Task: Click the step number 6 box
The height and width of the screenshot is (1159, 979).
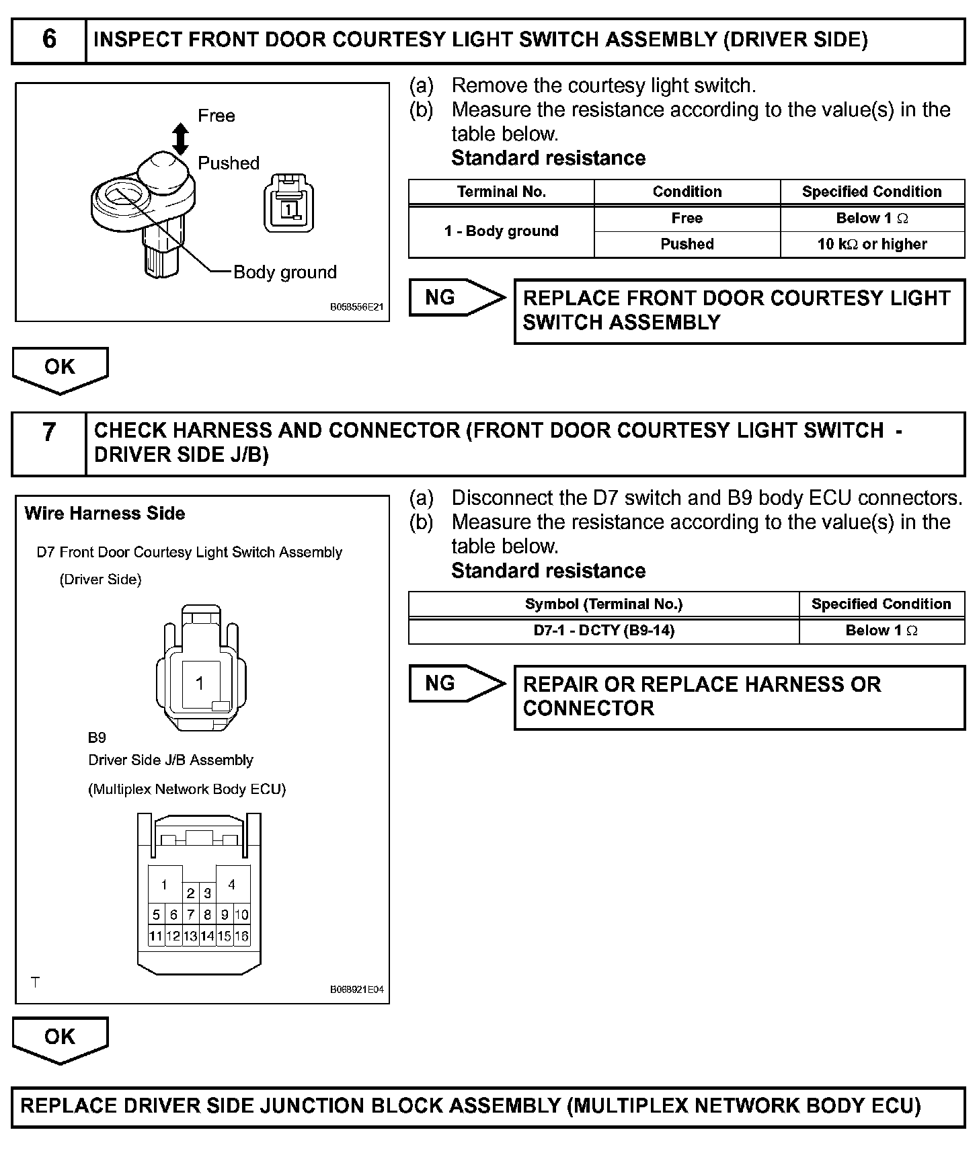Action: click(x=49, y=40)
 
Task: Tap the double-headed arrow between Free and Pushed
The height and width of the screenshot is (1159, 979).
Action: click(x=180, y=138)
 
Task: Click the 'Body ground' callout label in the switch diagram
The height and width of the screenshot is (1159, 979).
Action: click(x=284, y=272)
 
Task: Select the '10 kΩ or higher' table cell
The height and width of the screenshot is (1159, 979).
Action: click(x=872, y=244)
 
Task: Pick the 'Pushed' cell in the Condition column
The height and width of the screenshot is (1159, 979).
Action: click(x=687, y=244)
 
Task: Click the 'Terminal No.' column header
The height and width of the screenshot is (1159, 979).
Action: click(x=501, y=192)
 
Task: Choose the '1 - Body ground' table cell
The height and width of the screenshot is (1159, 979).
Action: click(x=501, y=231)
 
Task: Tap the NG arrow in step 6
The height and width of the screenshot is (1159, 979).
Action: click(x=457, y=297)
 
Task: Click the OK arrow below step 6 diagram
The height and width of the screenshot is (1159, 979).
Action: click(x=60, y=368)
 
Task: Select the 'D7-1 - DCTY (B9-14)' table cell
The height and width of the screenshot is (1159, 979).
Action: click(x=603, y=631)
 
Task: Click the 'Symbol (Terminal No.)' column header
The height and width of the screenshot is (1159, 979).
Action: click(x=603, y=604)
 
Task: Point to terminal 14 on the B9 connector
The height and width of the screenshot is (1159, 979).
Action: click(x=207, y=936)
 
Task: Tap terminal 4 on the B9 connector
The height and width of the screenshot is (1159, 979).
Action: click(x=232, y=884)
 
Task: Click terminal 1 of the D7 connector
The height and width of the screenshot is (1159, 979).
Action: click(x=200, y=684)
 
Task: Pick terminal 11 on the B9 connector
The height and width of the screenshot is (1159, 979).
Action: click(x=156, y=936)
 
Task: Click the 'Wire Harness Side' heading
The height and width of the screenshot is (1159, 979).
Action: click(x=104, y=514)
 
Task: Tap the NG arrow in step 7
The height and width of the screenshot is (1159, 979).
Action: click(x=457, y=683)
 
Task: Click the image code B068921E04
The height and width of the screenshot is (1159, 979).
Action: click(x=356, y=990)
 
